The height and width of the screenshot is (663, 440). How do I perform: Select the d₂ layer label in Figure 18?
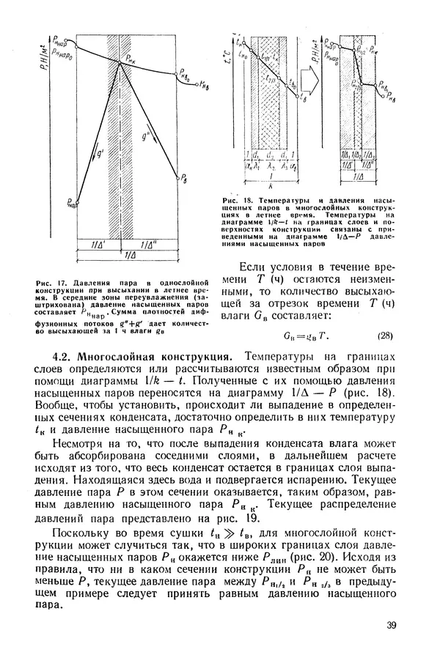[271, 156]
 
